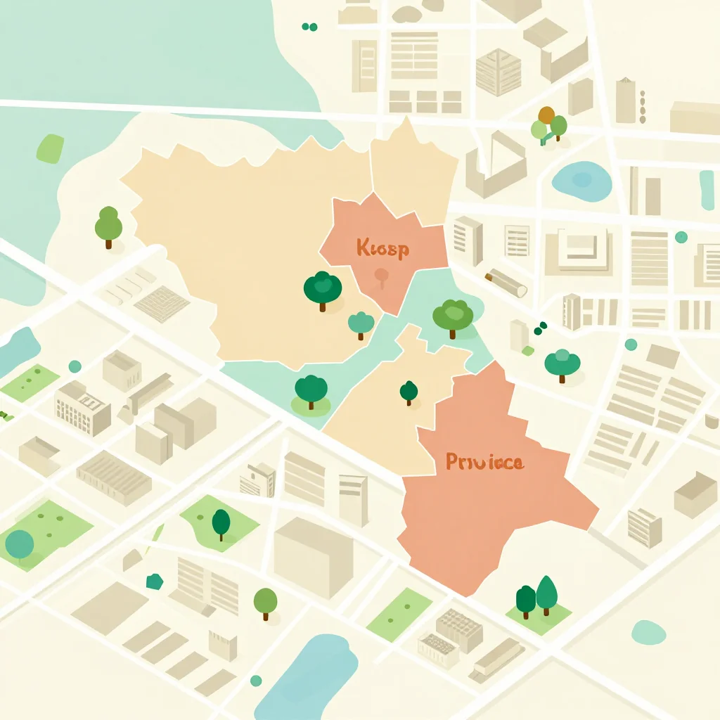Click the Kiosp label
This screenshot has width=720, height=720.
pos(382,248)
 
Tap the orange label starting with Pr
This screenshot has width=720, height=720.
pos(484,462)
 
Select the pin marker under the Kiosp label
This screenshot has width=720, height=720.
pos(381,276)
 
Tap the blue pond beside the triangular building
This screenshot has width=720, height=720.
pos(582,180)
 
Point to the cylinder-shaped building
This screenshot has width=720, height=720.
pos(506,281)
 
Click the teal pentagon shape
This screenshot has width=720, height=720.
pos(154,581)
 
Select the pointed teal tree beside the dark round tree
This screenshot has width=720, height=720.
pos(546,592)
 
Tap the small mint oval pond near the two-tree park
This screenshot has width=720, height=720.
pos(648,632)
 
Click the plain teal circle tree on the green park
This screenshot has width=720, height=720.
pos(20,544)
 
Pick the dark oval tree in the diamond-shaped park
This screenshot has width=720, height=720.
pos(221,522)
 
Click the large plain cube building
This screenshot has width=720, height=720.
pos(313,558)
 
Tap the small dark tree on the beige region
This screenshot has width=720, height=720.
pos(409,391)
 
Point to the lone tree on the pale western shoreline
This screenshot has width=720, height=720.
pos(108,225)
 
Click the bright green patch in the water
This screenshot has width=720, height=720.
pos(50,148)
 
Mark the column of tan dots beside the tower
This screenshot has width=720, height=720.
pos(642,106)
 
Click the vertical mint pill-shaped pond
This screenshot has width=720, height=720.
pos(706,189)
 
